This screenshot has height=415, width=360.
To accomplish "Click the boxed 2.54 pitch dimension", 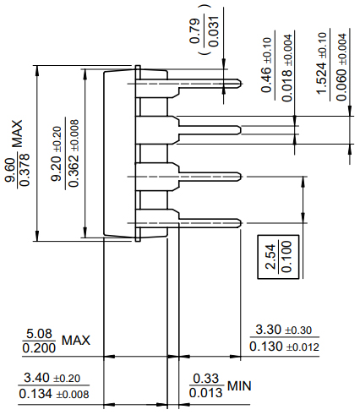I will tap(270, 255).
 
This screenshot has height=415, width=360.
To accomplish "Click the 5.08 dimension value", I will tap(40, 333).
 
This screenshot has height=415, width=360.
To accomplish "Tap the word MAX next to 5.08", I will tap(75, 341).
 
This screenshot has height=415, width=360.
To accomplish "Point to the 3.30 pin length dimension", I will tap(270, 329).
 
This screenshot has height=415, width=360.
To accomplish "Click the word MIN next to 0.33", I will tap(239, 386).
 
